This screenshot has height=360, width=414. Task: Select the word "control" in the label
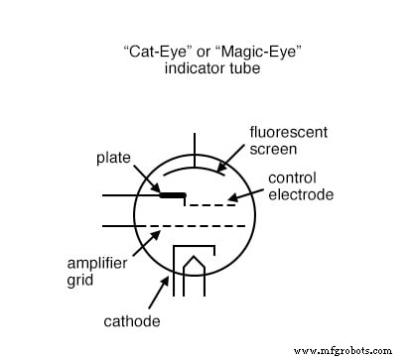pyautogui.click(x=294, y=179)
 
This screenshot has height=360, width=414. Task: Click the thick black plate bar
pyautogui.click(x=172, y=195)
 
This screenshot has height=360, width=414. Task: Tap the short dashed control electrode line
pyautogui.click(x=212, y=204)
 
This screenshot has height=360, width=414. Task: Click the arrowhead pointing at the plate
pyautogui.click(x=160, y=189)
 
